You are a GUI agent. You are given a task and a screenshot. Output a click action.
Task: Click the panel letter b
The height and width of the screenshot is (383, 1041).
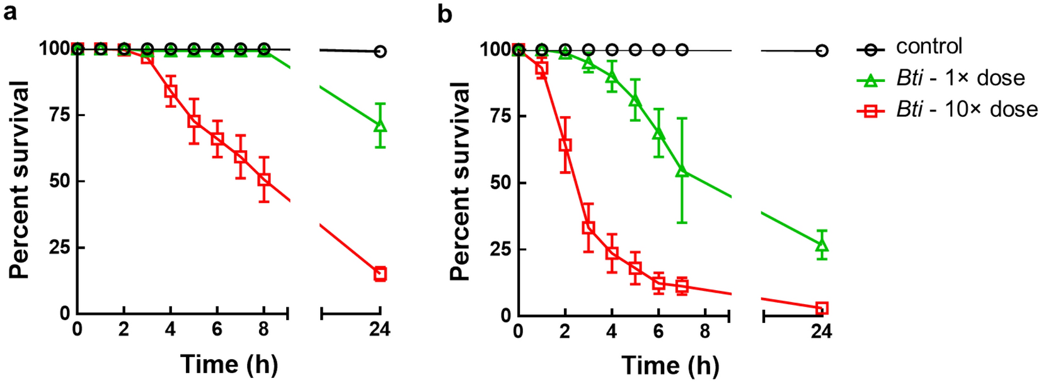click(445, 13)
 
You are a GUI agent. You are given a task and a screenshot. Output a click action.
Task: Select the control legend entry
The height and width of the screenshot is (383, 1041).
click(929, 47)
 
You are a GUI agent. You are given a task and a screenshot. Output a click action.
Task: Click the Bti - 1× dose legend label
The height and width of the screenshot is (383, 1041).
click(960, 78)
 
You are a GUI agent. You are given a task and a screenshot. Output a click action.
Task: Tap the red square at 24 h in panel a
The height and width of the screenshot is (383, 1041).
click(380, 274)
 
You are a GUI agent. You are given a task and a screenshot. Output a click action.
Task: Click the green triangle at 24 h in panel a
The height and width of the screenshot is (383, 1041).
click(380, 125)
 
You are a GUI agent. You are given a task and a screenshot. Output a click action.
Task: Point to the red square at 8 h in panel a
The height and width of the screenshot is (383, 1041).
click(264, 180)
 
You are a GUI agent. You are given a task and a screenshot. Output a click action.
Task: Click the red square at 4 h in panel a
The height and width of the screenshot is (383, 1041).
click(170, 91)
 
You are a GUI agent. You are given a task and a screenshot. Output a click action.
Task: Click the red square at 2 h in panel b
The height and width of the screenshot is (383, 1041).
click(565, 145)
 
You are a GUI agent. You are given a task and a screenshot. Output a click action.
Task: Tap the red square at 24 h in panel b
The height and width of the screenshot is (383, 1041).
click(822, 309)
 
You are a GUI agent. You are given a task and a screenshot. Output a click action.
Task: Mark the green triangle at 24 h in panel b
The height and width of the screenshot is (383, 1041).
click(822, 245)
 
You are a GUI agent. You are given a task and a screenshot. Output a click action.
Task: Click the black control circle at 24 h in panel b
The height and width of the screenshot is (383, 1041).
click(822, 50)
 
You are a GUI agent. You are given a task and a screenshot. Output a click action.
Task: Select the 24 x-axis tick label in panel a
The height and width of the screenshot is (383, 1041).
click(380, 329)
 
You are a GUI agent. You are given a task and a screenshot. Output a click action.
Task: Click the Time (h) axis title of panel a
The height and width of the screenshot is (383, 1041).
click(229, 364)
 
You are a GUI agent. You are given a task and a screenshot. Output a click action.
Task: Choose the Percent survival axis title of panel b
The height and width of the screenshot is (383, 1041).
click(461, 182)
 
